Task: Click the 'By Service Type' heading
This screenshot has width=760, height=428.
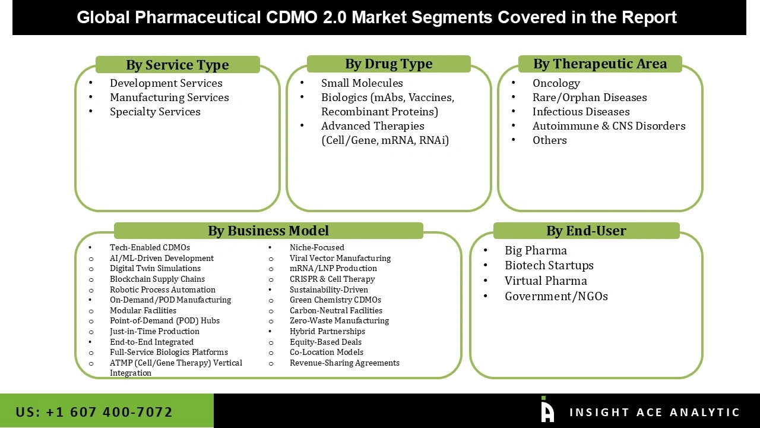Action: pos(177,65)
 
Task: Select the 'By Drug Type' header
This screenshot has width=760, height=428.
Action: pos(388,64)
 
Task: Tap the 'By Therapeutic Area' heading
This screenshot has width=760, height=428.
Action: pos(600,64)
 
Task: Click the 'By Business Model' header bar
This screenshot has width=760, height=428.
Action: pos(268,231)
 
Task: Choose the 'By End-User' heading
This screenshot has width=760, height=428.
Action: pos(586,231)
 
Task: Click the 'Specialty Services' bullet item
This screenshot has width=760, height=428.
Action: pos(155,112)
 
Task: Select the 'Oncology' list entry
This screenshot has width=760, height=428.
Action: pos(556,83)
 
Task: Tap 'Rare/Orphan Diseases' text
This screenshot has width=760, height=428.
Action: pos(589,97)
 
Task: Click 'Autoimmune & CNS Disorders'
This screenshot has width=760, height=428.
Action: pos(609,126)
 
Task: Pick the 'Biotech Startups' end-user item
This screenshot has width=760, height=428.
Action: pos(549,266)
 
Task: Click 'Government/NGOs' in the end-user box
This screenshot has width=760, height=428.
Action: pos(556,296)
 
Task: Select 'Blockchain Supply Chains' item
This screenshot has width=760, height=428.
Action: pos(157,279)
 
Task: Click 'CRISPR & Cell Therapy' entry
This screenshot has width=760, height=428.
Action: pos(332,279)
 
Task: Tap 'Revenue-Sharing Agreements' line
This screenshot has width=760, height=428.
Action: pos(344,363)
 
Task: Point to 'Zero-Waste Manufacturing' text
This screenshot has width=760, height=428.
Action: pos(339,320)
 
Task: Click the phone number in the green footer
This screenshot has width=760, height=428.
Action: pos(94,412)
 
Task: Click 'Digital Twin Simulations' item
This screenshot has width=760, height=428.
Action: pos(155,269)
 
